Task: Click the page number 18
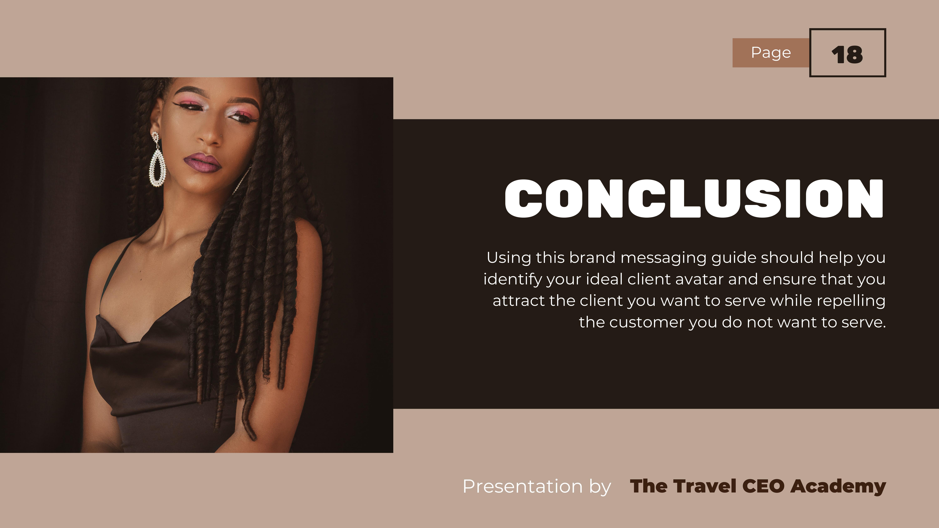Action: (847, 55)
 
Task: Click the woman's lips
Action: (203, 163)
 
